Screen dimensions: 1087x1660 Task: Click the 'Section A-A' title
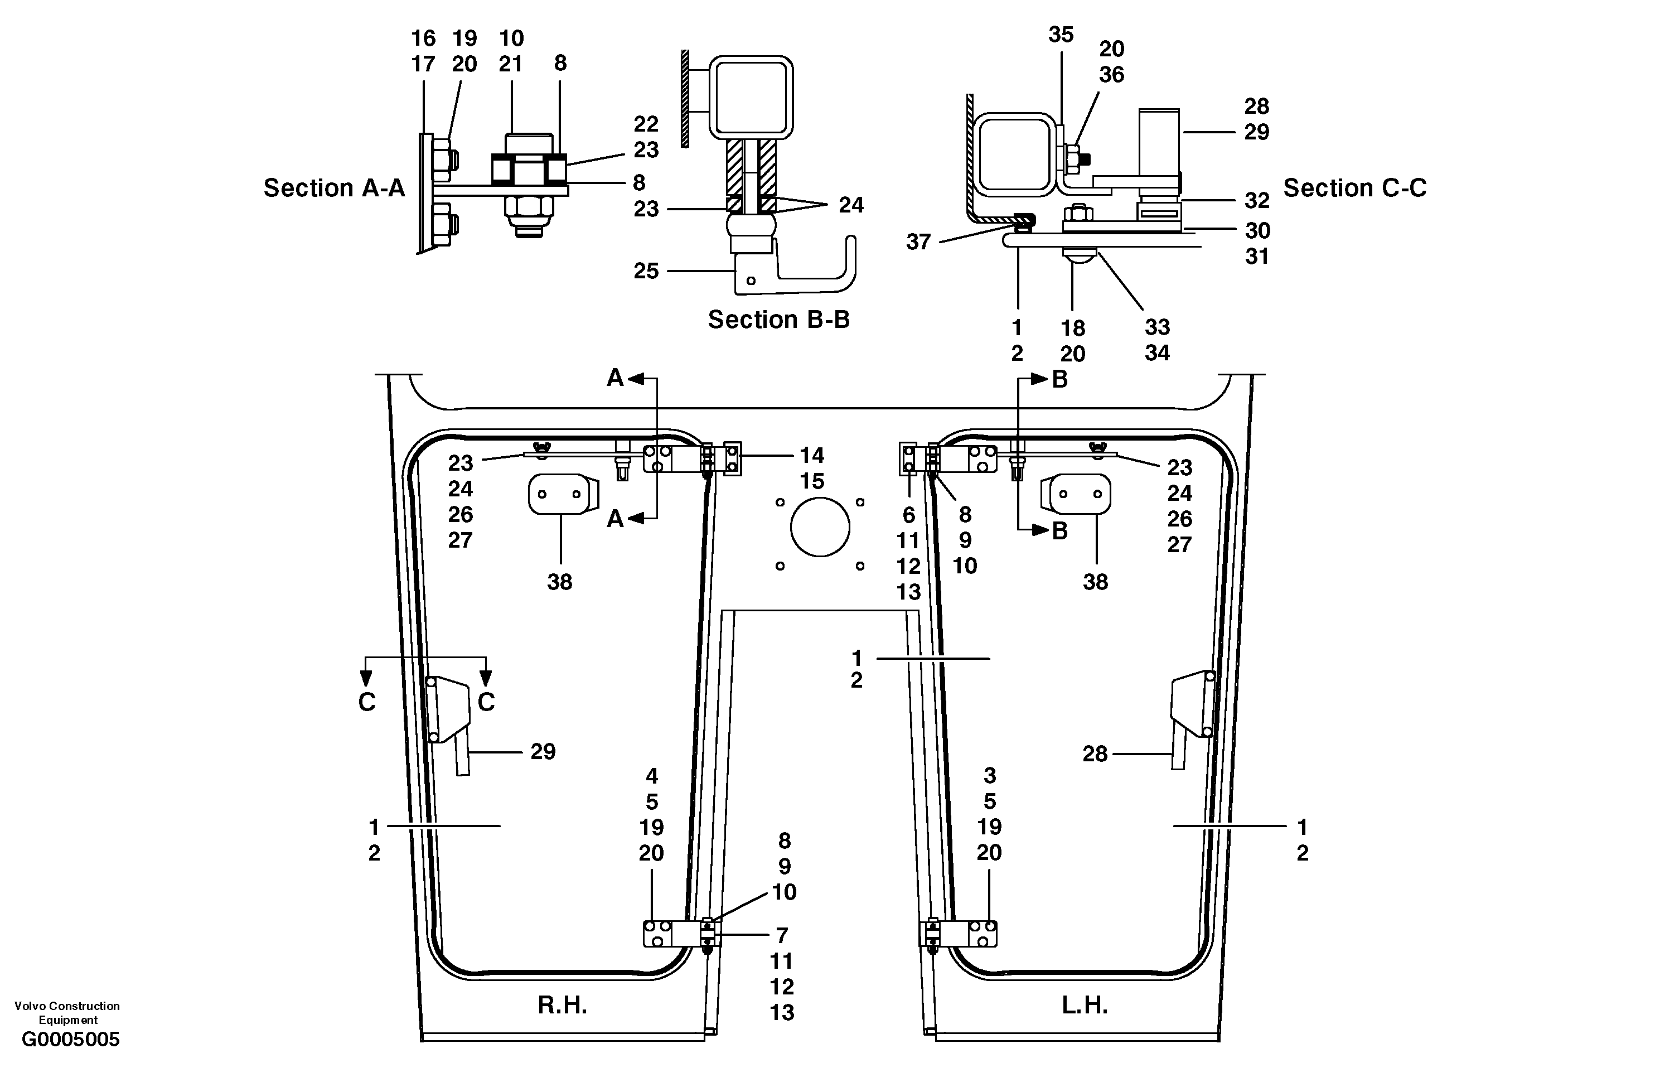pyautogui.click(x=333, y=188)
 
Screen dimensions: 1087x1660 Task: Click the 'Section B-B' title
pyautogui.click(x=778, y=320)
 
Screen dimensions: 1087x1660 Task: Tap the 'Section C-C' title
pyautogui.click(x=1354, y=188)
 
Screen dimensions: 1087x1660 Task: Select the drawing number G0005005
pyautogui.click(x=70, y=1040)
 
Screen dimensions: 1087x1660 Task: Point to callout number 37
pyautogui.click(x=918, y=241)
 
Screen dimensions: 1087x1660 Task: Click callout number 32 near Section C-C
pyautogui.click(x=1257, y=200)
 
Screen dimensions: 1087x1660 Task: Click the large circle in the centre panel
pyautogui.click(x=820, y=526)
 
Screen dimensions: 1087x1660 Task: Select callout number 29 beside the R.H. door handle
pyautogui.click(x=543, y=751)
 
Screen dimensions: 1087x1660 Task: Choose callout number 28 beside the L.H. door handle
pyautogui.click(x=1095, y=753)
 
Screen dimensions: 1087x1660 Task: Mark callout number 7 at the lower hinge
pyautogui.click(x=782, y=935)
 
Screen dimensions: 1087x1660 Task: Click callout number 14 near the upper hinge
pyautogui.click(x=811, y=456)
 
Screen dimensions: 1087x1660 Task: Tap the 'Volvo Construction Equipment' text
pyautogui.click(x=67, y=1012)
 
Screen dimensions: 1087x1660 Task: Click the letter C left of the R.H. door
pyautogui.click(x=367, y=702)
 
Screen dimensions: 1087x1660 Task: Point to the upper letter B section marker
pyautogui.click(x=1059, y=380)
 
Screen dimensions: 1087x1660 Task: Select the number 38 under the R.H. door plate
pyautogui.click(x=559, y=582)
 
